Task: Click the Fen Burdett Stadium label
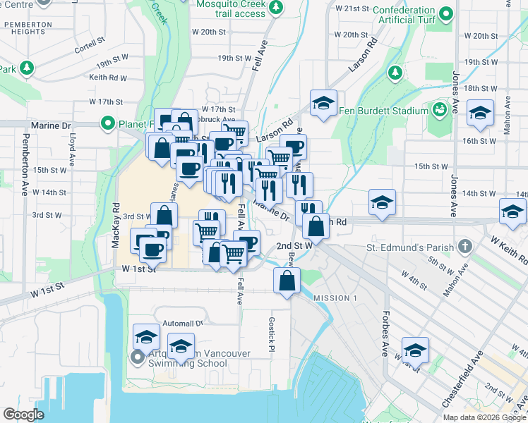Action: pyautogui.click(x=383, y=111)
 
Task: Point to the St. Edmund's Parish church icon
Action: pyautogui.click(x=464, y=247)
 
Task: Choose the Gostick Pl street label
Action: pyautogui.click(x=270, y=334)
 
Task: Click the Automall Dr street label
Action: pyautogui.click(x=182, y=323)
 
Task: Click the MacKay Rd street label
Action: pyautogui.click(x=116, y=226)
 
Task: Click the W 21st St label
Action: pyautogui.click(x=352, y=8)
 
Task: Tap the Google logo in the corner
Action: pyautogui.click(x=23, y=414)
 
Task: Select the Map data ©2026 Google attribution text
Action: pyautogui.click(x=484, y=417)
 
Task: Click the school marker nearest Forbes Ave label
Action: pyautogui.click(x=415, y=350)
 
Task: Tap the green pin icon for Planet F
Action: pyautogui.click(x=107, y=124)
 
